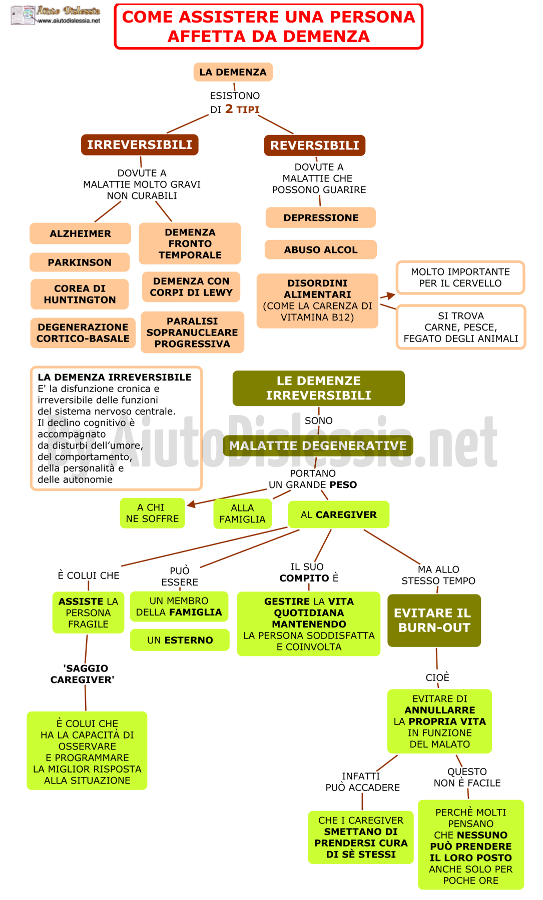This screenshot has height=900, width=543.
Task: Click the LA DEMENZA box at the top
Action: (233, 72)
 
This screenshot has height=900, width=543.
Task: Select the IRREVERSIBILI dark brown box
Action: (140, 145)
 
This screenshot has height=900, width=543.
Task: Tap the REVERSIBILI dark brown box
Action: (315, 145)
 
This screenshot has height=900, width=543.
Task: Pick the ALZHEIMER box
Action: (80, 233)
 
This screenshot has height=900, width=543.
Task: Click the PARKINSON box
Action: (80, 262)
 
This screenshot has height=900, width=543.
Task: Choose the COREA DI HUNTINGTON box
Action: (80, 294)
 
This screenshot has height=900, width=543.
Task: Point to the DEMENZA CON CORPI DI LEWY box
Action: (191, 287)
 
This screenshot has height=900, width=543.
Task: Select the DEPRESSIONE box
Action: (321, 217)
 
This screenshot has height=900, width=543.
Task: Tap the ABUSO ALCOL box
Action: (321, 249)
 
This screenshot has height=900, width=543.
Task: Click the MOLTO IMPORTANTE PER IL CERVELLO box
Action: (460, 277)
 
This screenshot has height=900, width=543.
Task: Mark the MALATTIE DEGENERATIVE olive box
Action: (318, 445)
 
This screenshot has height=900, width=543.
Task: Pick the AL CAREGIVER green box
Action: (339, 514)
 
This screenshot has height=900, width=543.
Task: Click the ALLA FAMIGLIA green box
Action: (243, 513)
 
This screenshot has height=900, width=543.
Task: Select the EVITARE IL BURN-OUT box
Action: (434, 620)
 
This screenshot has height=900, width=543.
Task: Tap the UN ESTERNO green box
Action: (180, 640)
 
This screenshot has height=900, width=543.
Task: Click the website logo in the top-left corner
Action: (56, 15)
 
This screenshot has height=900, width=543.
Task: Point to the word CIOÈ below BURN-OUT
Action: (437, 677)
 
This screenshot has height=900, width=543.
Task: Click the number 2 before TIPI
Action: (229, 109)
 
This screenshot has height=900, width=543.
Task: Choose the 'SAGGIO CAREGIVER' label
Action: (83, 674)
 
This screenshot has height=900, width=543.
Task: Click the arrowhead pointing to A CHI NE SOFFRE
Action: (190, 504)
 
